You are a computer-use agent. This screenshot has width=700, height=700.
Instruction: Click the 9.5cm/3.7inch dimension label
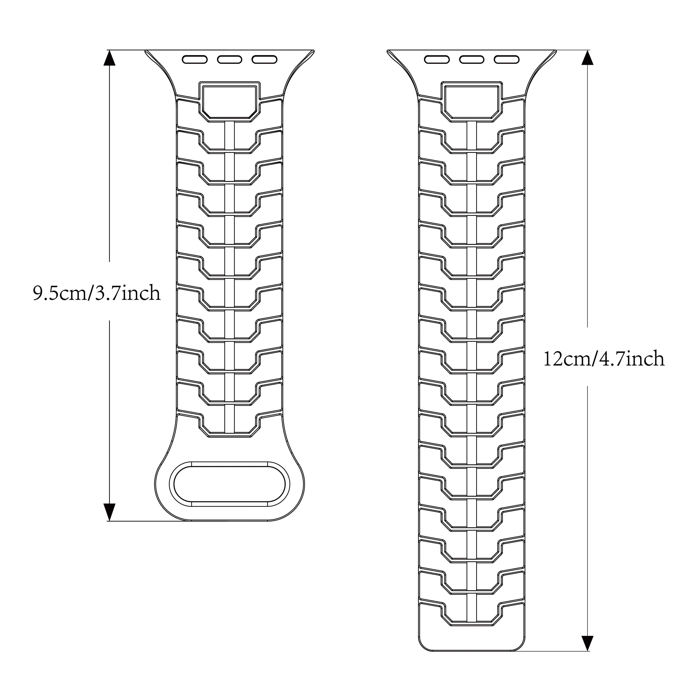coord(96,293)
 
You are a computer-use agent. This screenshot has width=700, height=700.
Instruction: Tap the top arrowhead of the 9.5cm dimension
coord(109,58)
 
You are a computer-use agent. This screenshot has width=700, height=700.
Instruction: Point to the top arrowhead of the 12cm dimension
coord(587,58)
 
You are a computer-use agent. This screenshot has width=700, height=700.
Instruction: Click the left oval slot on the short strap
coord(195,59)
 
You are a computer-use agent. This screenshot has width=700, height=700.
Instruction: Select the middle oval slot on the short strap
coord(230,59)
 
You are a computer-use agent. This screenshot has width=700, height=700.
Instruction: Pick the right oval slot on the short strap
coord(264,59)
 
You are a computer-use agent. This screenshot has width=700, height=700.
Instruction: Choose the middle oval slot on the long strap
coord(472,59)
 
